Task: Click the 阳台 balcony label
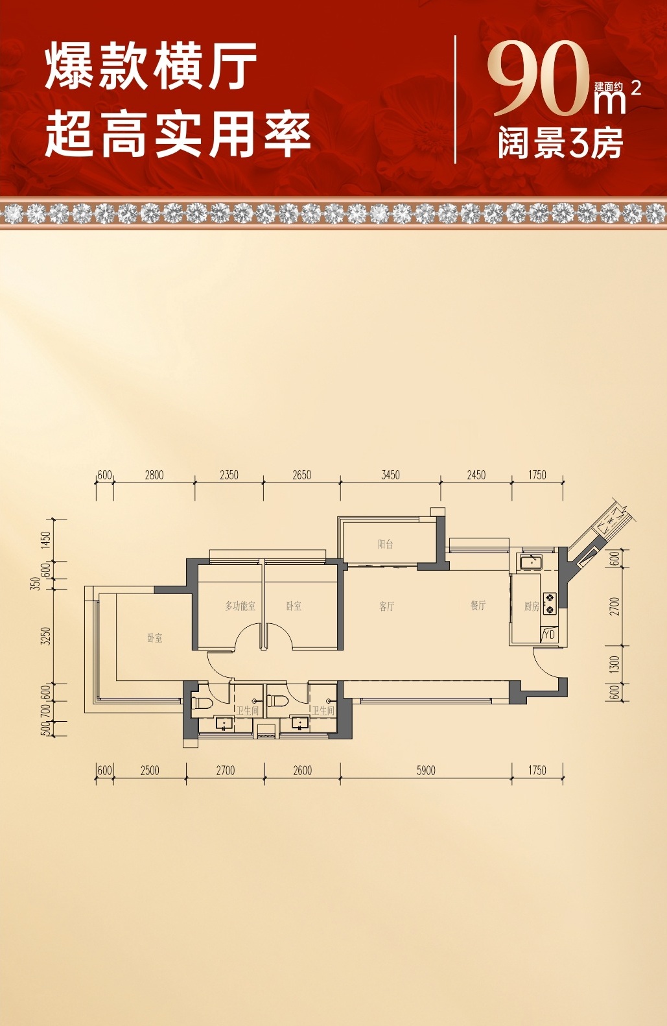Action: click(x=386, y=544)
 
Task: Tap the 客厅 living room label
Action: click(x=387, y=606)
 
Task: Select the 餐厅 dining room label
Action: click(x=478, y=605)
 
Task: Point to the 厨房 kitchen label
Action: click(x=532, y=606)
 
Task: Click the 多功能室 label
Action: click(x=240, y=606)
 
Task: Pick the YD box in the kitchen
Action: click(x=549, y=635)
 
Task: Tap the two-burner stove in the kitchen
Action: click(x=549, y=603)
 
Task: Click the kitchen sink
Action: click(x=530, y=562)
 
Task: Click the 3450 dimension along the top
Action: click(x=390, y=475)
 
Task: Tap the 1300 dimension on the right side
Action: click(x=614, y=664)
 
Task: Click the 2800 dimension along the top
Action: click(x=154, y=475)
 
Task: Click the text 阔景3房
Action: click(x=561, y=143)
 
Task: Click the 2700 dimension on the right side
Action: click(x=614, y=606)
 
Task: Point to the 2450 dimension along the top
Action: click(x=476, y=475)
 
